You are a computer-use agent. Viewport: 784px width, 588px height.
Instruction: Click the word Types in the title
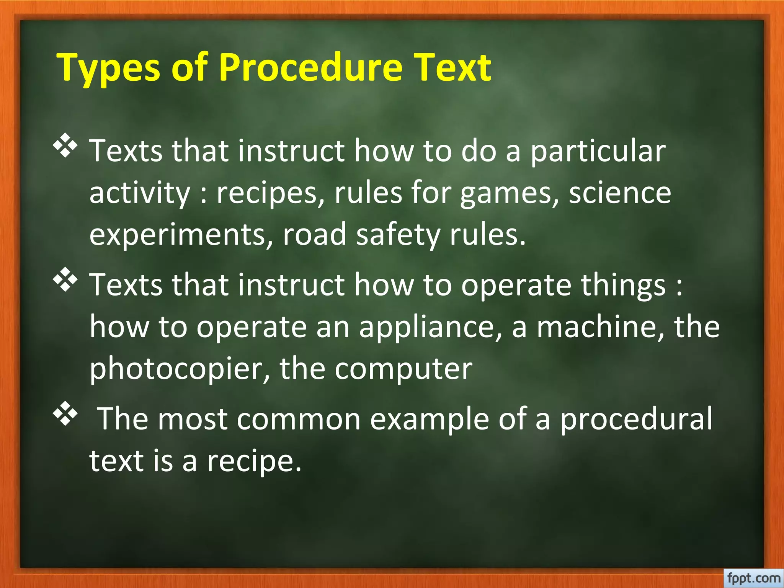108,68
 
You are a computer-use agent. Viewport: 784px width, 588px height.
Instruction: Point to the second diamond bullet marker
65,279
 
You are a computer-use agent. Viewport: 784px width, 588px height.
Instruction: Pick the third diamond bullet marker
65,413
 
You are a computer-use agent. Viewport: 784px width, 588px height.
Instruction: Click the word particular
598,151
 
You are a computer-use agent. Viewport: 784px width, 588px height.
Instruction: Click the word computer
403,369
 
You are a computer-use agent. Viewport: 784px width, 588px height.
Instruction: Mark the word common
299,419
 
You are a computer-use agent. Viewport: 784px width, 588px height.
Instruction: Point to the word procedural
636,419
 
